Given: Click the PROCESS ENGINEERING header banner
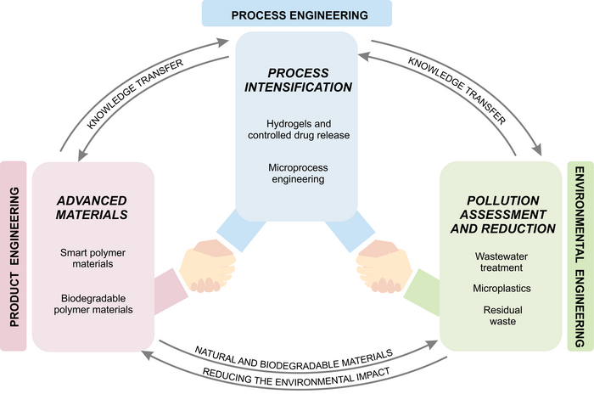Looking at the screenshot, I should (296, 14).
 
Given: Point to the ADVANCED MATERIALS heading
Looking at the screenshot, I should (92, 207).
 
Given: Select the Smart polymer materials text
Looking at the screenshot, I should (92, 258).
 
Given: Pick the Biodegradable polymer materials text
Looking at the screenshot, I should (93, 303).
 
